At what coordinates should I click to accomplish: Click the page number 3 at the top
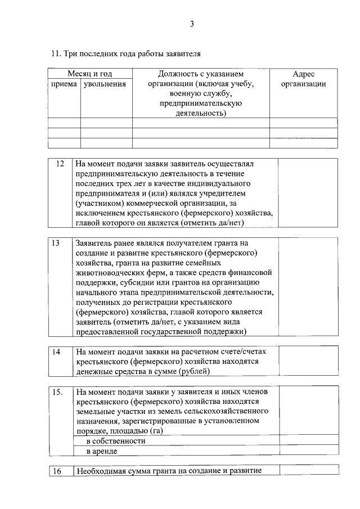click(x=191, y=24)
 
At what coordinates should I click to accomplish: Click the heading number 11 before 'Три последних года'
click(x=55, y=55)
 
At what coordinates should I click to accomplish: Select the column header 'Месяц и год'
click(x=90, y=74)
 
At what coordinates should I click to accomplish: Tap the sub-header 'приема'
click(x=64, y=84)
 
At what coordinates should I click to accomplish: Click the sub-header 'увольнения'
click(x=105, y=84)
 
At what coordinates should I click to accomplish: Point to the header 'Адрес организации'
click(x=304, y=79)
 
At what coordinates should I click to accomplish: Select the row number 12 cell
click(x=60, y=164)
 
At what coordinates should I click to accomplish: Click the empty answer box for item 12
click(x=308, y=193)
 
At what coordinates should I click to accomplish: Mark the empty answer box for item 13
click(x=308, y=287)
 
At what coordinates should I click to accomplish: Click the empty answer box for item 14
click(x=308, y=361)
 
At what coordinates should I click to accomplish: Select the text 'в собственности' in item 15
click(x=115, y=441)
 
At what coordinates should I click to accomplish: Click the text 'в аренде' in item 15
click(x=102, y=451)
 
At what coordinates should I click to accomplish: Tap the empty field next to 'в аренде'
click(x=308, y=451)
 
